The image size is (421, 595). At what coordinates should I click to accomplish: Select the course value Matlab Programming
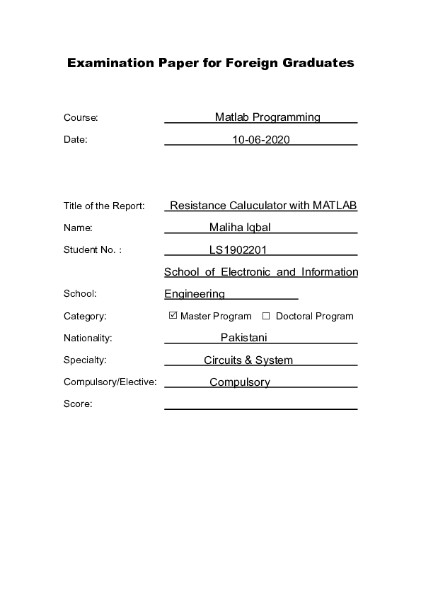(267, 117)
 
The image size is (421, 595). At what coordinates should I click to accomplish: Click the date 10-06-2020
(261, 140)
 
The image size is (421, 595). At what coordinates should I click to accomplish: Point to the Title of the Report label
(104, 206)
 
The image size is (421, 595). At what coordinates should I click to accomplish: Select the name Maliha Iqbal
(241, 228)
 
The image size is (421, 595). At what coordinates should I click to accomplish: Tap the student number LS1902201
(238, 249)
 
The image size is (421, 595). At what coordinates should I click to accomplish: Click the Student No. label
(93, 249)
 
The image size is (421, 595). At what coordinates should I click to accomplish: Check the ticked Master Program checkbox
(173, 316)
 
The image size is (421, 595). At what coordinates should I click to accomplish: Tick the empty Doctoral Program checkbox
(267, 316)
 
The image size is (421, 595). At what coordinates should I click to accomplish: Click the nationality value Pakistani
(243, 338)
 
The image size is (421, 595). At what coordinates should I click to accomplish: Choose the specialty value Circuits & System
(248, 360)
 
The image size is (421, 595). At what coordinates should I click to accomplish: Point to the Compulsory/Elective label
(110, 382)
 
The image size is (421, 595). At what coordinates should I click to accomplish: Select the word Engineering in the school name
(195, 294)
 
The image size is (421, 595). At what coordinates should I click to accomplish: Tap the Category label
(85, 316)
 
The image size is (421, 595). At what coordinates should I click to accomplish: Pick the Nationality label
(88, 338)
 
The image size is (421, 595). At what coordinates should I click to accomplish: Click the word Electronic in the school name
(245, 272)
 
